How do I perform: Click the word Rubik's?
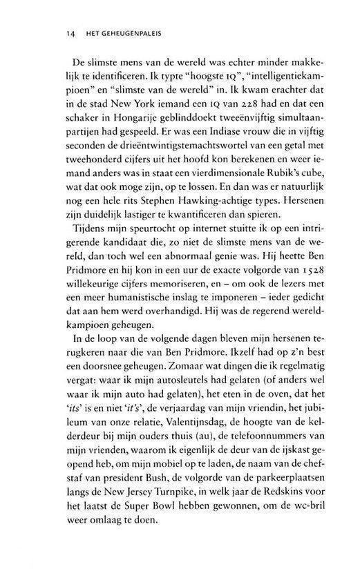pyautogui.click(x=257, y=196)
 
